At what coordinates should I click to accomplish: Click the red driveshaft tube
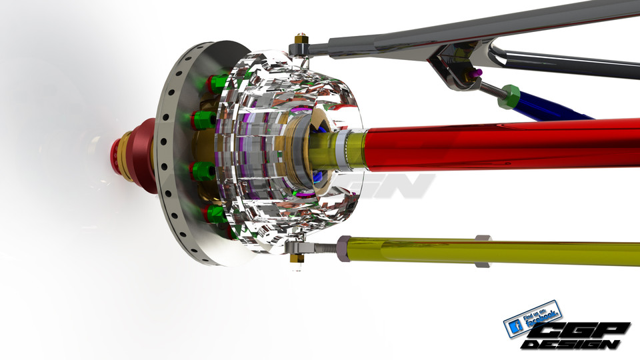500,145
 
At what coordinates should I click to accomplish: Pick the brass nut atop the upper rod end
301,38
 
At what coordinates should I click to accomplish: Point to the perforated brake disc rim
167,160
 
